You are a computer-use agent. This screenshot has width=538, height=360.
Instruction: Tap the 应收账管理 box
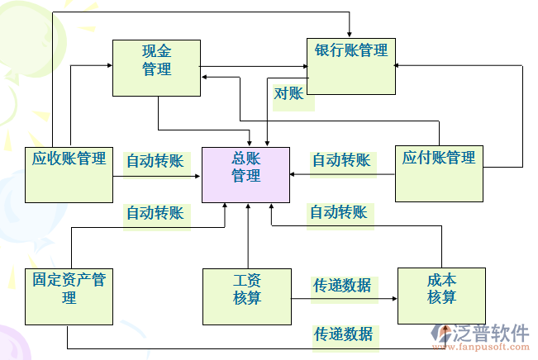click(69, 173)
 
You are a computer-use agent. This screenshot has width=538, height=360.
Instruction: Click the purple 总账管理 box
click(246, 174)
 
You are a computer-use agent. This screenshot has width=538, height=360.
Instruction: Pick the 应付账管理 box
click(439, 173)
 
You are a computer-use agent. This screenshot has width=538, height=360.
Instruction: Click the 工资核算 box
click(246, 296)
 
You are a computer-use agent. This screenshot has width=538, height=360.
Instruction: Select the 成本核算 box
click(441, 295)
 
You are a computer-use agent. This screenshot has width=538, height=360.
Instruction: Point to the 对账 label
click(288, 93)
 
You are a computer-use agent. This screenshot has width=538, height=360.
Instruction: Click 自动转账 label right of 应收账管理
click(155, 160)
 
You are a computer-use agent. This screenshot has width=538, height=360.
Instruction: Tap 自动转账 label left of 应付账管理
click(340, 160)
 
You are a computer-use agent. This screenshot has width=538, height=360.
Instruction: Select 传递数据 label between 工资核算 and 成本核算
click(341, 286)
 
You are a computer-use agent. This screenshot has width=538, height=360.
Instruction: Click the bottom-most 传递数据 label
click(342, 334)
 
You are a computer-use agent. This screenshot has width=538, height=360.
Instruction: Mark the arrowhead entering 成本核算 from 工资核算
click(394, 296)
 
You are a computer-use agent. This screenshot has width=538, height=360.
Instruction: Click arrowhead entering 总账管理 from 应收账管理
click(198, 175)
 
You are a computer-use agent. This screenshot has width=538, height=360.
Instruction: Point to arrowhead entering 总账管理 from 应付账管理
click(294, 175)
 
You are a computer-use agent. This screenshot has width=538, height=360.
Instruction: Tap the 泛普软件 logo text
click(492, 333)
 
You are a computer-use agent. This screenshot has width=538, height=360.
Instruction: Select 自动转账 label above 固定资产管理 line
click(155, 213)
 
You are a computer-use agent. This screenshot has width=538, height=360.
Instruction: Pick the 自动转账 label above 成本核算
click(338, 212)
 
